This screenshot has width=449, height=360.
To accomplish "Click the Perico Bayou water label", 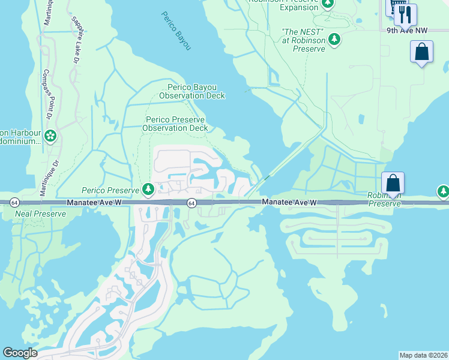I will coord(176,31).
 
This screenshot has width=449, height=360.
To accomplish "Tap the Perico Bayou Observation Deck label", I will coord(192,91).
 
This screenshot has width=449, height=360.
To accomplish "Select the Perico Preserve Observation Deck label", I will coord(176,124).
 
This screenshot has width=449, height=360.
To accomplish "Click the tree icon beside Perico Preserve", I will coord(148,190).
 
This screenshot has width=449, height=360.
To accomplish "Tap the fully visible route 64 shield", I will coord(191,203).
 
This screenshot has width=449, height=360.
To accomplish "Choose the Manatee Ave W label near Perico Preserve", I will coord(94,204).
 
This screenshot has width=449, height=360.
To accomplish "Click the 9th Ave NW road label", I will coord(407,30).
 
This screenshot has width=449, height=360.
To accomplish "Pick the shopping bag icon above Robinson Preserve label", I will coord(393,182).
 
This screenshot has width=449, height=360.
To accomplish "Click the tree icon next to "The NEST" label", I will coord(334,40).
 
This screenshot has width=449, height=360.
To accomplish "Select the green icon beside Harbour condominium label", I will coord(50,137).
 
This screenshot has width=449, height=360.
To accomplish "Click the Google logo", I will coord(20,353).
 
